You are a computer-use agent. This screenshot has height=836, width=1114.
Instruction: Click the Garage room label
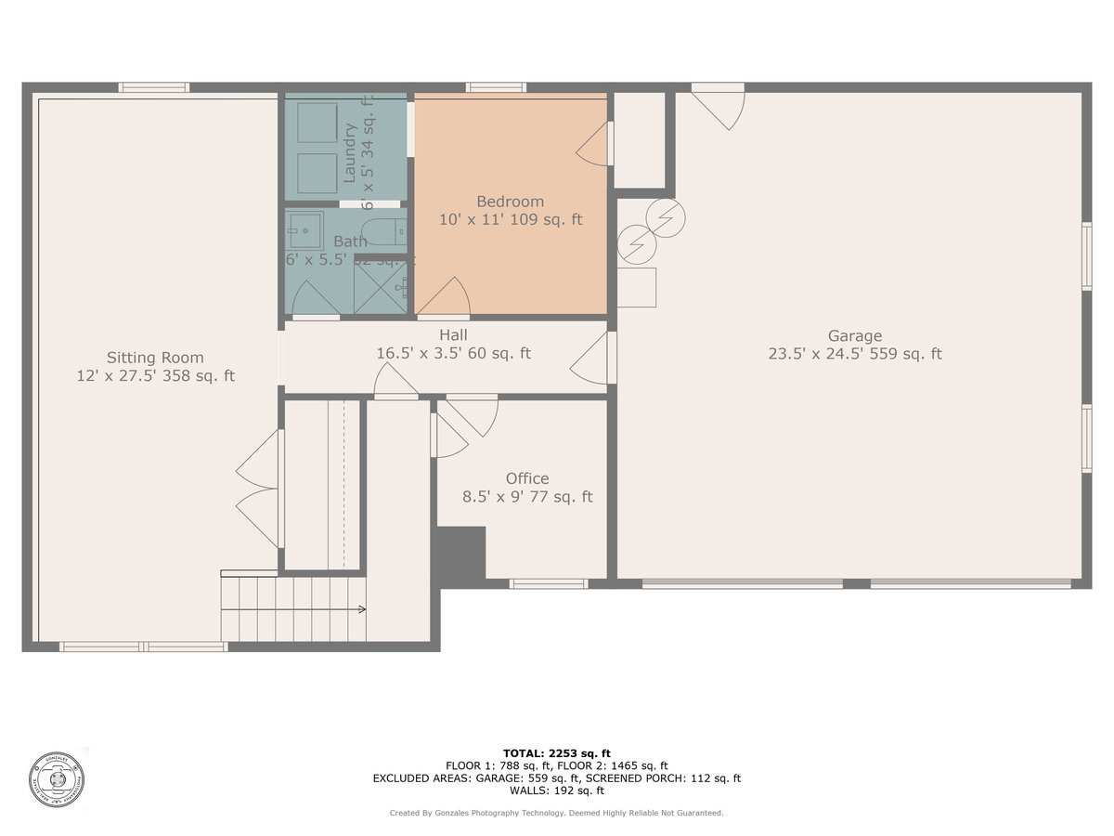click(x=854, y=336)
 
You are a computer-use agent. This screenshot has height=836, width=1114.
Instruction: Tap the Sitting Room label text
click(x=155, y=358)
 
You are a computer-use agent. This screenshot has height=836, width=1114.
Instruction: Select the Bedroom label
click(x=510, y=202)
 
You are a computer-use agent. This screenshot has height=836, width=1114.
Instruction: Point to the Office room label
click(x=527, y=479)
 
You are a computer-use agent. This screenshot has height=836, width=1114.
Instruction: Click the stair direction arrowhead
click(x=361, y=609)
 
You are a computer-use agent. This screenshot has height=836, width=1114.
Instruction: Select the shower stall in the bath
click(x=381, y=285)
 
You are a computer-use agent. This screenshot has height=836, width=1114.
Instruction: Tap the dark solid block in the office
click(x=462, y=555)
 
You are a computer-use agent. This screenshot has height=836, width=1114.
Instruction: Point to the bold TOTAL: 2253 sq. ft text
click(x=556, y=753)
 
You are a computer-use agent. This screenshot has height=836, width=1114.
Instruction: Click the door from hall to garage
click(x=591, y=358)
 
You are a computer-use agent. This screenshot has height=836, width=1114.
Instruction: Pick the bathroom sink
click(x=303, y=229)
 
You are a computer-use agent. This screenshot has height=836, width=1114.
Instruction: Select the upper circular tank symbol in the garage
click(x=666, y=217)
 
